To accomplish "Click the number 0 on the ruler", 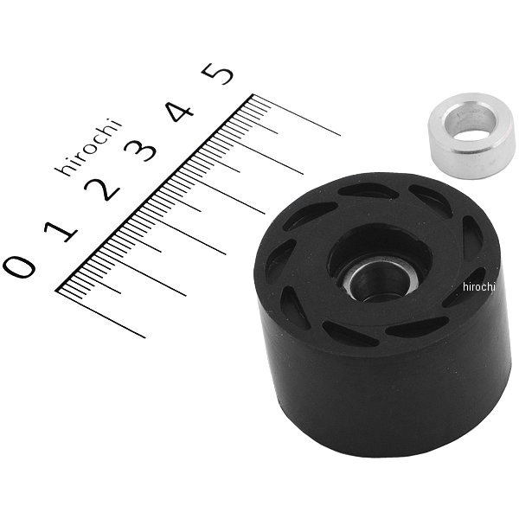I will pyautogui.click(x=22, y=266).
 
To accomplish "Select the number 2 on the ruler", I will pyautogui.click(x=102, y=189).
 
